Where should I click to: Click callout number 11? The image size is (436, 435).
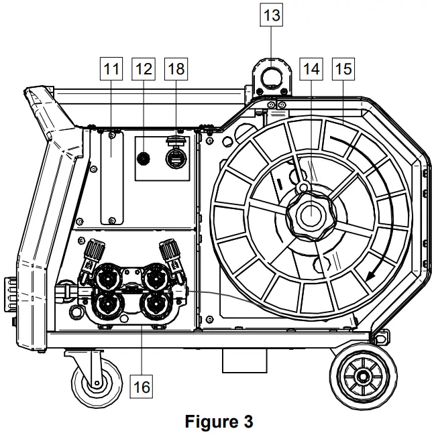[x=111, y=68]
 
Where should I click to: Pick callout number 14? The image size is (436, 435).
[x=311, y=68]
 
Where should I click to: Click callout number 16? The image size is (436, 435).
[x=142, y=387]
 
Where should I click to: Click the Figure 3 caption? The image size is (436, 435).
[x=219, y=422]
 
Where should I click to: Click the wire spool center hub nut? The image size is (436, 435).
[x=311, y=216]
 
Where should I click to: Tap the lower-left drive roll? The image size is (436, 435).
[x=107, y=305]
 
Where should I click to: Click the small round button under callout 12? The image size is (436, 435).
[x=143, y=158]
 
